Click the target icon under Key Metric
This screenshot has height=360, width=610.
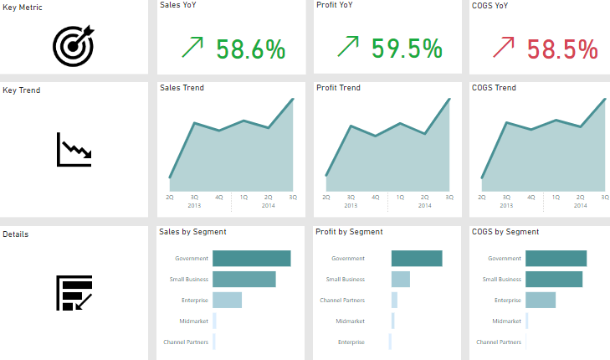coord(74,46)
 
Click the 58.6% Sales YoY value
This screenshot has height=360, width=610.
coord(252,49)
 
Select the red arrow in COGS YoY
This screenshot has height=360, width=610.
coord(505,47)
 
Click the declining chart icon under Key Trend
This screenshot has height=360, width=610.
coord(74,149)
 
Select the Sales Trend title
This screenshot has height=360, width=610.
coord(182,87)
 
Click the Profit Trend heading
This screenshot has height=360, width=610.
coord(338,87)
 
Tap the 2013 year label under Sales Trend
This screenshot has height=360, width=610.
coord(194,205)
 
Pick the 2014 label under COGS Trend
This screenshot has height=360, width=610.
coord(581,205)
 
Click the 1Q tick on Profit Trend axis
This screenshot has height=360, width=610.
coord(400,198)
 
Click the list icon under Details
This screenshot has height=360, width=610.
coord(74,293)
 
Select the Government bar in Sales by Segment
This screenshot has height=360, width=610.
coord(251,259)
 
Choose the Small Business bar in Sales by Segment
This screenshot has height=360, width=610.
coord(243,279)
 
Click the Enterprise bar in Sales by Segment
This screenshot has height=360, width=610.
coord(227,300)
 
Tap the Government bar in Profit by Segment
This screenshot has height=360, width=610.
coord(416,259)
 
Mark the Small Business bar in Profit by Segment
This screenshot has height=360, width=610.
coord(400,279)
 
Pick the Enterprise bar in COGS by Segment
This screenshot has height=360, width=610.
coord(540,300)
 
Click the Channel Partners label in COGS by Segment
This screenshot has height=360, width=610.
coord(499,342)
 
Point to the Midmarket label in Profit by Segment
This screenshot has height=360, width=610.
coord(350,321)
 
